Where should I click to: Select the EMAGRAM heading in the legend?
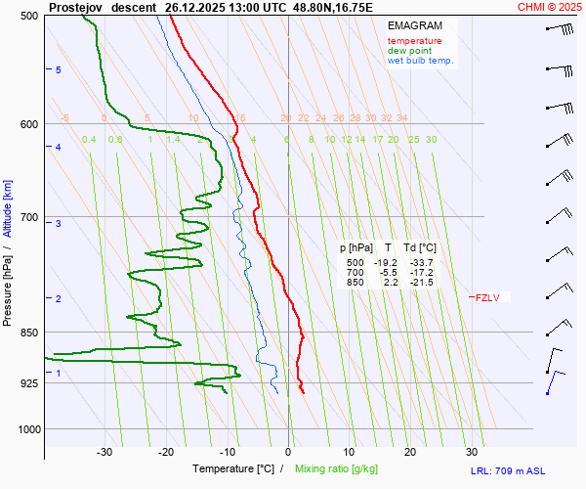413,24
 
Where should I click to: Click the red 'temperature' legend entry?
414,41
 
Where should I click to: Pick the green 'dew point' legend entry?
409,51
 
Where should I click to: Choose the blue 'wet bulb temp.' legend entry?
420,61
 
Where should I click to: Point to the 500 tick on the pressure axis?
29,16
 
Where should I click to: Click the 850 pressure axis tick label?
29,333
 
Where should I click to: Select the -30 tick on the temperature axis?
105,452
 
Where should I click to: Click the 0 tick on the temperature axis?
288,452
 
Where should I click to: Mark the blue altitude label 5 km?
59,70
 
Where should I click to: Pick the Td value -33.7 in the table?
422,263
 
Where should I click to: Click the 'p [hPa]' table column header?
356,248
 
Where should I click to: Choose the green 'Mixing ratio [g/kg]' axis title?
341,469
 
